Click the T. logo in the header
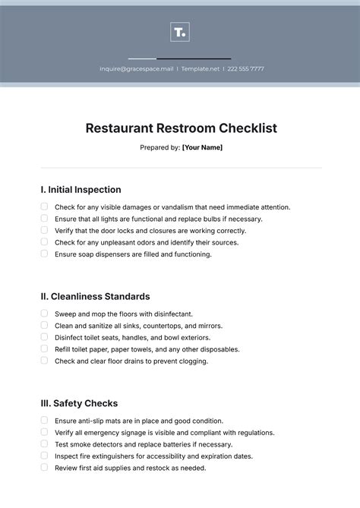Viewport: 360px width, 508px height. tap(180, 32)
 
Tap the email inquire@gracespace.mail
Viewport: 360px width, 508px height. tap(137, 68)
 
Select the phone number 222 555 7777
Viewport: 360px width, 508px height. tap(246, 68)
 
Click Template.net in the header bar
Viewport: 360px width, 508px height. tap(201, 68)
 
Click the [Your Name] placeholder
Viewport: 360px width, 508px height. tap(202, 147)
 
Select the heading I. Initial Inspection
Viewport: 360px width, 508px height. tap(81, 190)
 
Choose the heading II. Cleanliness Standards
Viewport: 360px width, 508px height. tap(95, 296)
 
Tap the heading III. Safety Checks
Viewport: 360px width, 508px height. tap(79, 403)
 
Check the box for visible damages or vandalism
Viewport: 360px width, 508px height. tap(44, 207)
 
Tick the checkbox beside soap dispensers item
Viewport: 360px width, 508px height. tap(44, 254)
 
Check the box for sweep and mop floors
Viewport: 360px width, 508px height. tap(44, 313)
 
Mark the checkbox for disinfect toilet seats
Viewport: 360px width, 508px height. tap(44, 337)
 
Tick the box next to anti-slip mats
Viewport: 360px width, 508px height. tap(44, 420)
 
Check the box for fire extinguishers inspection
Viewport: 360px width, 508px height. tap(44, 456)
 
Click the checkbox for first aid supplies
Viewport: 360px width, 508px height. tap(44, 468)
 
